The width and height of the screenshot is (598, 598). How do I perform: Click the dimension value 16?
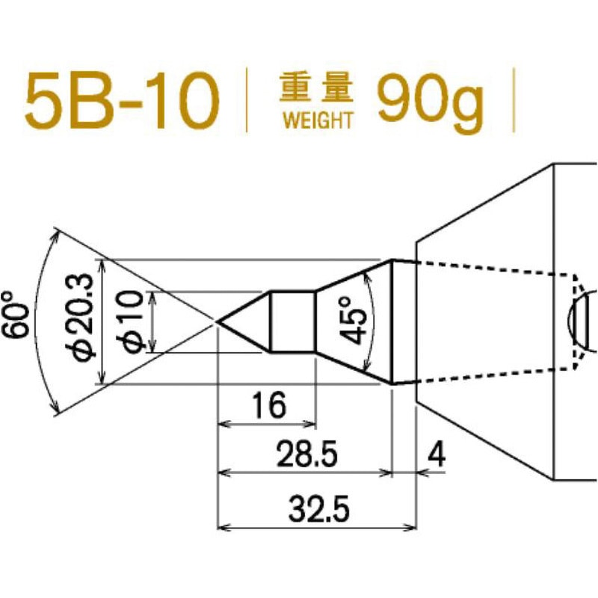pos(268,405)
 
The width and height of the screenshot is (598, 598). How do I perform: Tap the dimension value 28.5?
pos(305,454)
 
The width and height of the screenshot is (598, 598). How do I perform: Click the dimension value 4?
pos(437,454)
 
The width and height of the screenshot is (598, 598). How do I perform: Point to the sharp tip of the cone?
pos(218,321)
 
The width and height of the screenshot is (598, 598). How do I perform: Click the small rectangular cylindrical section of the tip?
pos(292,321)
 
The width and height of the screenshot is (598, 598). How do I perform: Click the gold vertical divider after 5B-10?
pos(247,101)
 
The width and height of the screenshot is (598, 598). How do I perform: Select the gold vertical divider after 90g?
pos(514,101)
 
